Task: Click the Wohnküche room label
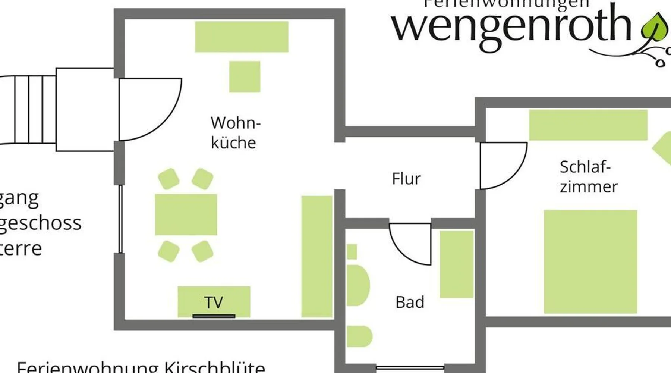[235, 133]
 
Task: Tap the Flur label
[406, 179]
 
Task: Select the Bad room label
[410, 302]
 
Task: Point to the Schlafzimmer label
[588, 177]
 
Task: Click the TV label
[214, 302]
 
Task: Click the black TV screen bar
[214, 316]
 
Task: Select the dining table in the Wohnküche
[186, 214]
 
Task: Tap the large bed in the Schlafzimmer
[590, 261]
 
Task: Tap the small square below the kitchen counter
[245, 76]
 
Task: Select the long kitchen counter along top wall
[242, 37]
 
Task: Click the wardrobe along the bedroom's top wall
[588, 125]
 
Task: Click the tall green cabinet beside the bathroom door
[456, 264]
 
